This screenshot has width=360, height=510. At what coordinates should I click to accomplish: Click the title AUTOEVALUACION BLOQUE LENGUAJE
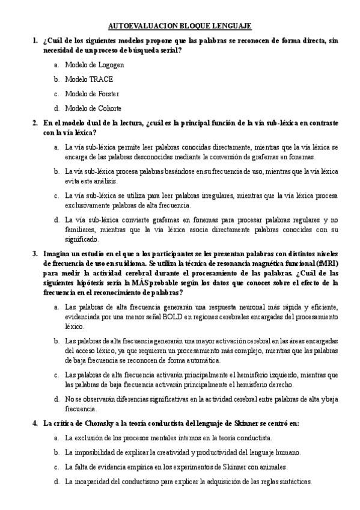(180, 26)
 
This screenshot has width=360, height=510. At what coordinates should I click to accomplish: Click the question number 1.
(35, 40)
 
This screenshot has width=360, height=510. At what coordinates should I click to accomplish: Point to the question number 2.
(35, 123)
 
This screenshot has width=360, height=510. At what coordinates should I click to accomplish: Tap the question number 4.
(35, 423)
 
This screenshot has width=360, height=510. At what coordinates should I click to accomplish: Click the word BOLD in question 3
(174, 317)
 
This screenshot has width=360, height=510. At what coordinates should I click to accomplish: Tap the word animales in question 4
(268, 467)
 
